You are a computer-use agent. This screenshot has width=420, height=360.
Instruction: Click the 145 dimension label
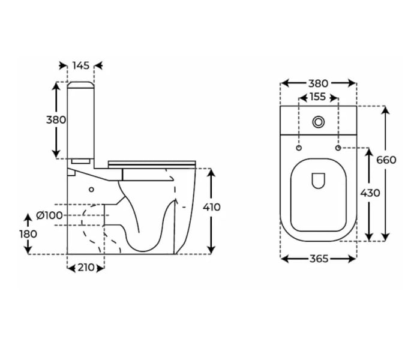click(81, 65)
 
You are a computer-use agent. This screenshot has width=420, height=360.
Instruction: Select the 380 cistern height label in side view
click(56, 119)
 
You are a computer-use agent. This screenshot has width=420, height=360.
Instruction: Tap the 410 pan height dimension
click(212, 207)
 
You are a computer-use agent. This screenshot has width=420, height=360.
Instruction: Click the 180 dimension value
click(28, 234)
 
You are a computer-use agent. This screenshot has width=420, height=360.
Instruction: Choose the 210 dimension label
click(86, 268)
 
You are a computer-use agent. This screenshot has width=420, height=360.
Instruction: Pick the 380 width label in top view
click(318, 83)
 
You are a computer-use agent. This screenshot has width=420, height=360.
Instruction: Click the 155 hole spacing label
click(318, 97)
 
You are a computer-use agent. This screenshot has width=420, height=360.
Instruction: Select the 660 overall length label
click(386, 160)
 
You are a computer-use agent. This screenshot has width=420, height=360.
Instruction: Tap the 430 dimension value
click(370, 193)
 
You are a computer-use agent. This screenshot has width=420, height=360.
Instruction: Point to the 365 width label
click(318, 259)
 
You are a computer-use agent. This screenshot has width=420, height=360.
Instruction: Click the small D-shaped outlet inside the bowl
click(318, 180)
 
